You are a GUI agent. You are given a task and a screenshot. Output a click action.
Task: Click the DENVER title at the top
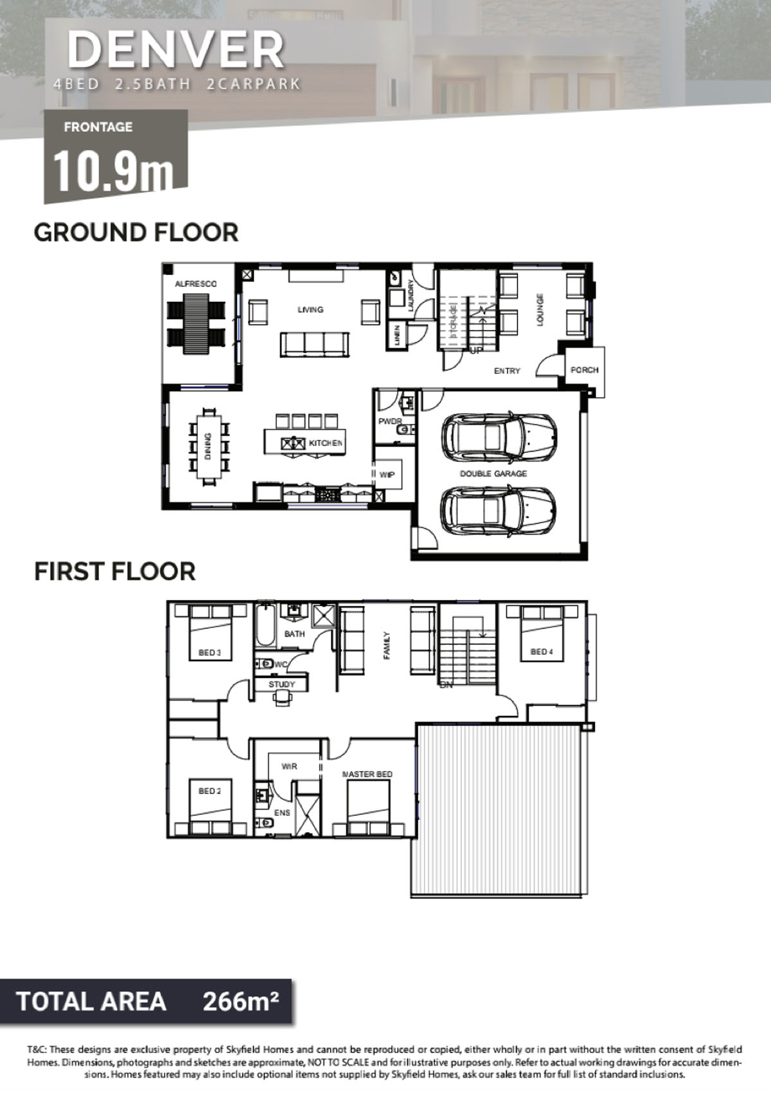click(175, 50)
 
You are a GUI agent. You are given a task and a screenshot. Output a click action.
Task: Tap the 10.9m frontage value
click(113, 171)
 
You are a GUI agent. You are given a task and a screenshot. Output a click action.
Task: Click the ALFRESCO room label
click(196, 284)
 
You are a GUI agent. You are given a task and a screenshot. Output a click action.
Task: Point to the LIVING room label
click(311, 309)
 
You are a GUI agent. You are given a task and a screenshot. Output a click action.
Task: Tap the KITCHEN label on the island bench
click(326, 443)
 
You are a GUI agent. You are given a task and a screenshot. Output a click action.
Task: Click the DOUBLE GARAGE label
click(493, 474)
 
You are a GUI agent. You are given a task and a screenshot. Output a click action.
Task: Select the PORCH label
click(585, 370)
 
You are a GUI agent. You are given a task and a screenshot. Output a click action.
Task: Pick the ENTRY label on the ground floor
click(507, 371)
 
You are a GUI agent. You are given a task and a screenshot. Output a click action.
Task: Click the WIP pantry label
click(387, 474)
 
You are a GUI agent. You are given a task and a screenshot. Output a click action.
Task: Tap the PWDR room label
click(390, 421)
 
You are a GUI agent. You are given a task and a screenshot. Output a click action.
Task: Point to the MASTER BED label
click(367, 774)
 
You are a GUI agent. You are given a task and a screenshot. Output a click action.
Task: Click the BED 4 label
click(542, 652)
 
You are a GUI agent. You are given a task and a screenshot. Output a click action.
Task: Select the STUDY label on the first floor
click(281, 684)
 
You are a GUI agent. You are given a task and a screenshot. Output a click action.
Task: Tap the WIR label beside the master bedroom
click(289, 766)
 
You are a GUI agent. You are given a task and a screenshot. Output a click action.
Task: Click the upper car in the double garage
click(499, 435)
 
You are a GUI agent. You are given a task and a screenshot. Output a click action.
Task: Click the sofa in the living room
click(315, 344)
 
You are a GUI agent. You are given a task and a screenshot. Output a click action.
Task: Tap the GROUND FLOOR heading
click(136, 232)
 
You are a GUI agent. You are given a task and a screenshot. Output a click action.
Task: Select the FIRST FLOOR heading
click(114, 571)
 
